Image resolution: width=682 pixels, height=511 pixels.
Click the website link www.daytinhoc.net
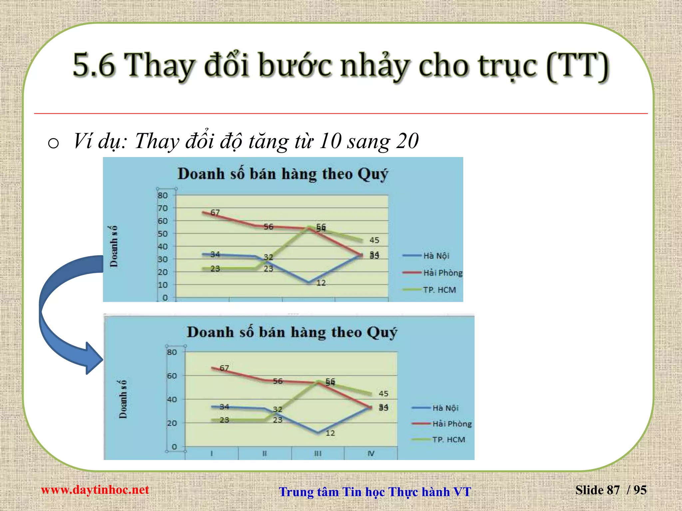[x=95, y=490]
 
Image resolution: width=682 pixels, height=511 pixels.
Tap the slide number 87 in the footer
[x=613, y=490]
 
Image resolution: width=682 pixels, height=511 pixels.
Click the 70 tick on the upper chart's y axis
[x=163, y=208]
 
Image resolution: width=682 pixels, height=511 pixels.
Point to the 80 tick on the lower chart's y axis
[x=172, y=352]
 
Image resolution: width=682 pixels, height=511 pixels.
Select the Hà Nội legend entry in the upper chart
[x=436, y=256]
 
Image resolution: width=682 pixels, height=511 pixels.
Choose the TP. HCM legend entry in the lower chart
[x=448, y=440]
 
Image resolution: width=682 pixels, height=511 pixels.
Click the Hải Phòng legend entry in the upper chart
[x=443, y=273]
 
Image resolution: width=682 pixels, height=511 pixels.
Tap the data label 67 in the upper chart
[x=215, y=212]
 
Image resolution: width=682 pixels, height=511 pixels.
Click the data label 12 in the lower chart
[x=330, y=433]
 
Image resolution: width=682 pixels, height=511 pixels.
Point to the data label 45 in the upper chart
[x=374, y=240]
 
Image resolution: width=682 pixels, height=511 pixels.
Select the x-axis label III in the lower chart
[x=318, y=453]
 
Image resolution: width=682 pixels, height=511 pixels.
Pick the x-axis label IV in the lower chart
[x=371, y=453]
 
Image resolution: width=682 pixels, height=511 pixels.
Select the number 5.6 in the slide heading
[x=94, y=65]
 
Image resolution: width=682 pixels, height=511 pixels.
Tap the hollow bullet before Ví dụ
[x=53, y=143]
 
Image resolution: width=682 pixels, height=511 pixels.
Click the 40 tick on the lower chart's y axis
[x=172, y=400]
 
